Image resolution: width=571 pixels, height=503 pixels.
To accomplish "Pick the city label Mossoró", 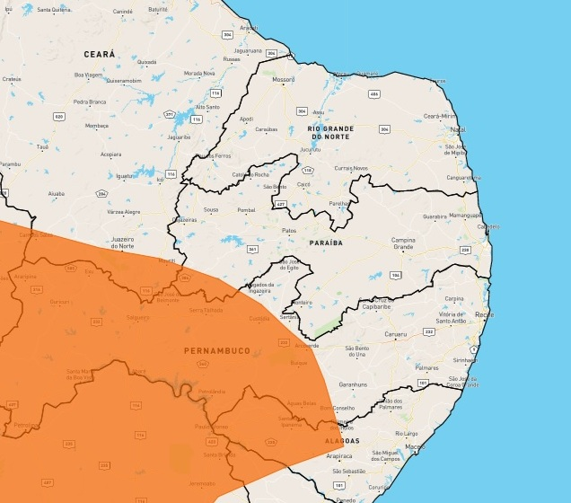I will coord(284,79).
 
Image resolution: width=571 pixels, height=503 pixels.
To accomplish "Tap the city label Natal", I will coord(457,129).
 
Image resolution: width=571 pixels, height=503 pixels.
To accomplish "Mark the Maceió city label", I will coord(414,446).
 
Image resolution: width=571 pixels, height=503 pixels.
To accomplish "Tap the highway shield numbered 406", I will coord(373,93).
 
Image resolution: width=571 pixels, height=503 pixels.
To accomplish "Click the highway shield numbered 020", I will coord(58,116).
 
